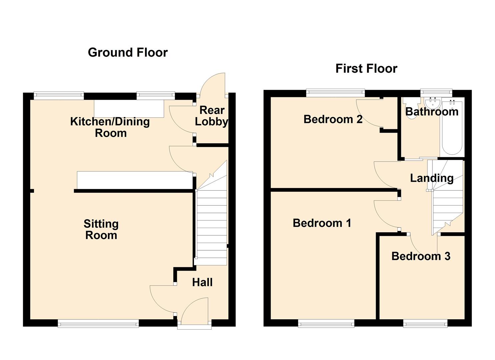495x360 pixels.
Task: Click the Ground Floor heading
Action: (x=128, y=53)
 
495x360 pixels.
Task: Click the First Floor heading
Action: (x=366, y=69)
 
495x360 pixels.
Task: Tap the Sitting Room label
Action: (x=101, y=229)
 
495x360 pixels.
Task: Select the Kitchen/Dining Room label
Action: (x=110, y=127)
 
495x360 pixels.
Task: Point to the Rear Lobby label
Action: (x=212, y=116)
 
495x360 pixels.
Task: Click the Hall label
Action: (x=202, y=282)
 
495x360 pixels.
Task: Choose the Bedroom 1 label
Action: (x=322, y=223)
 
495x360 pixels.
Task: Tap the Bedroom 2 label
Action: (x=333, y=119)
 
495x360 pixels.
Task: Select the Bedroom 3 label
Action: (x=421, y=256)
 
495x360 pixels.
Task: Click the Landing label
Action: (x=432, y=178)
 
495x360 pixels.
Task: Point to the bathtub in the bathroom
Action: (x=452, y=128)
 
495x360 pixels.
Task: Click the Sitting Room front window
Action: (x=98, y=324)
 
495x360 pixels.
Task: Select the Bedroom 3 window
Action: (x=425, y=324)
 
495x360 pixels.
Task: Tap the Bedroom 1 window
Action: (x=326, y=324)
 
